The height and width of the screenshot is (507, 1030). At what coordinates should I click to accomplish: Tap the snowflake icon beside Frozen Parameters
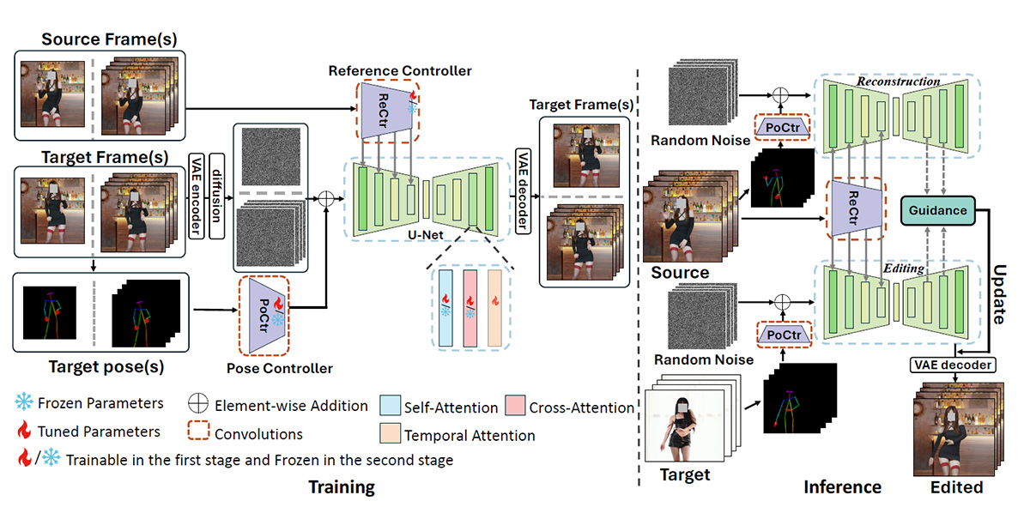click(24, 403)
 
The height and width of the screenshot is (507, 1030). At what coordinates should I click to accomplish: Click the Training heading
click(342, 487)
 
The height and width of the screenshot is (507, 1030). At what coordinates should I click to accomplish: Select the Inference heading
click(842, 487)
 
